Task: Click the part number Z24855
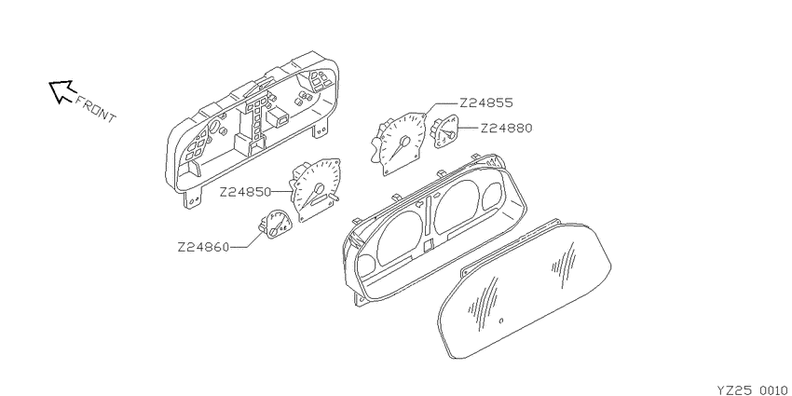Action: [485, 103]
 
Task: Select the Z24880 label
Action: [506, 129]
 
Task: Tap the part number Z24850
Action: [245, 192]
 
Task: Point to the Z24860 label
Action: [203, 248]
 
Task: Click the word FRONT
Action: [95, 109]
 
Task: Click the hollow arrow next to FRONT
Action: [61, 91]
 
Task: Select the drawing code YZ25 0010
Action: [752, 389]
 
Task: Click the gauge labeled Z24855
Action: [398, 143]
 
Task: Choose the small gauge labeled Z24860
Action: [275, 224]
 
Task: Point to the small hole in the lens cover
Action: [500, 321]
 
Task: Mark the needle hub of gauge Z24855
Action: [404, 141]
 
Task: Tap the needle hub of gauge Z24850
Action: [319, 189]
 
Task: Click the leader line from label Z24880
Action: [469, 129]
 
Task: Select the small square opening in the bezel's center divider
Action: [429, 245]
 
